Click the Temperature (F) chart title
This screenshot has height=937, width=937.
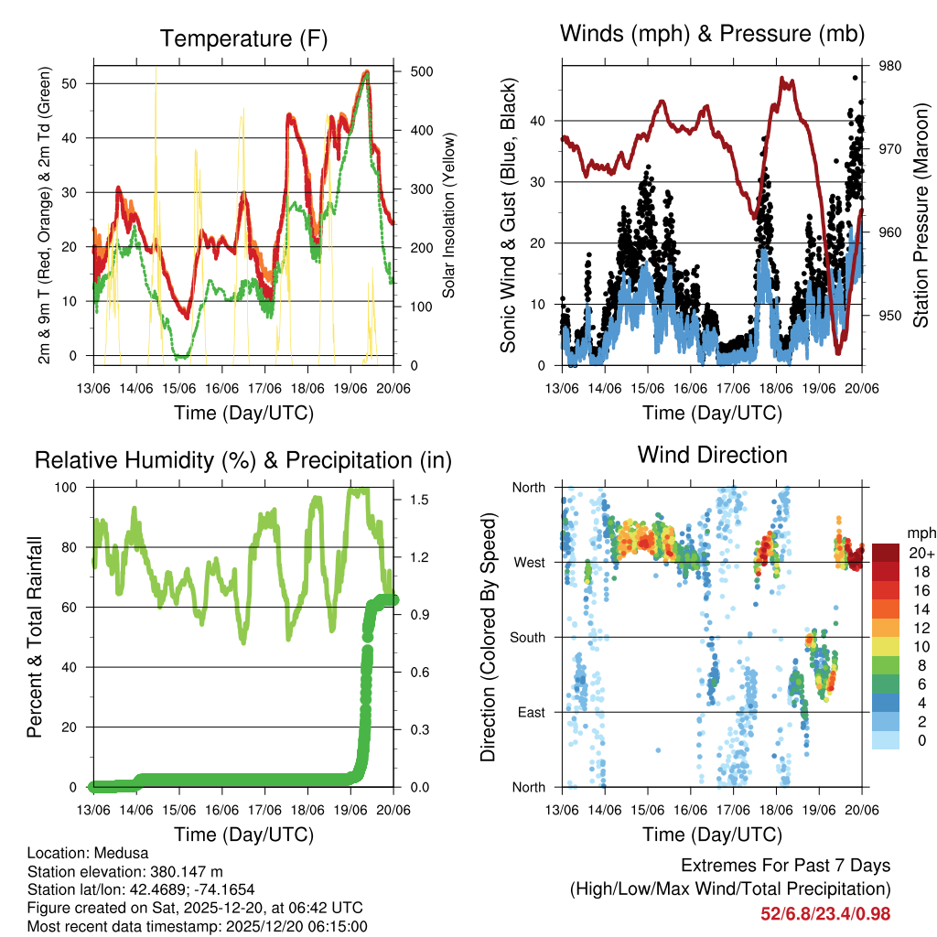pos(243,38)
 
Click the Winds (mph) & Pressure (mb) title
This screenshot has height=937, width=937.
pos(713,34)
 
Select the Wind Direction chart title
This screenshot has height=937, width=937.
pos(712,454)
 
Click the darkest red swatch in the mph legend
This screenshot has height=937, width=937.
pos(886,553)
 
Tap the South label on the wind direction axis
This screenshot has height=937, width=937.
pos(527,637)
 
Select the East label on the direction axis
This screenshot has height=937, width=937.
pos(531,712)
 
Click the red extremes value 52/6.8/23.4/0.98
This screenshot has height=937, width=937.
pos(825,913)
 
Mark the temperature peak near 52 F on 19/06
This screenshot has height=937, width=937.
pos(366,71)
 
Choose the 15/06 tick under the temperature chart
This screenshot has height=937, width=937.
pos(178,389)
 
